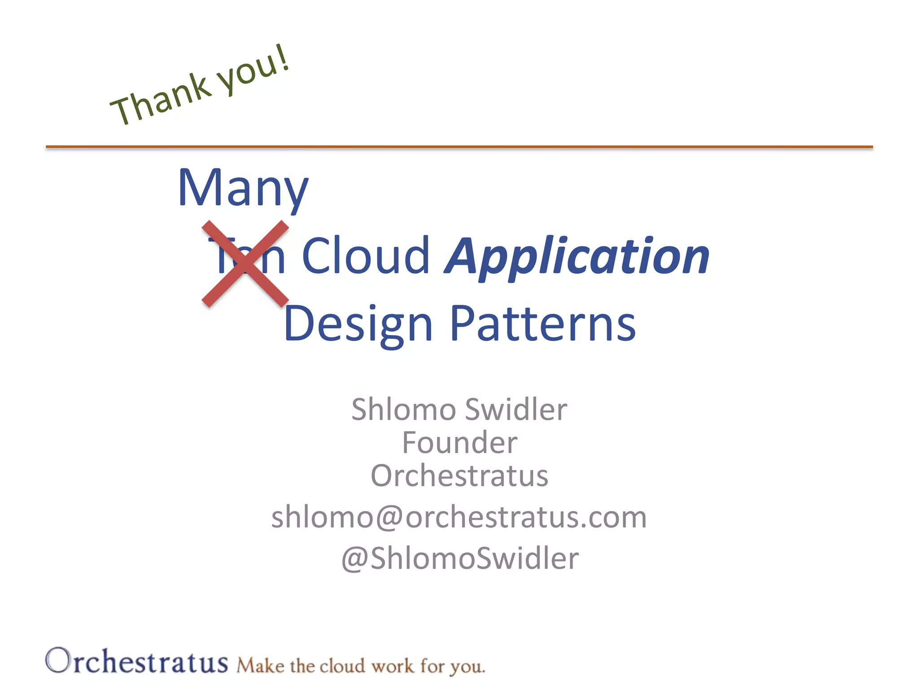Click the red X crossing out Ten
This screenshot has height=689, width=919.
tap(245, 264)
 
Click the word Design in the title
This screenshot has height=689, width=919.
tap(358, 324)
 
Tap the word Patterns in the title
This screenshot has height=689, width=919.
tap(543, 324)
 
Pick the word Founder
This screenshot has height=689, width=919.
tap(459, 443)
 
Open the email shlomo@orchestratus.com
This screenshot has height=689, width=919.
tap(459, 517)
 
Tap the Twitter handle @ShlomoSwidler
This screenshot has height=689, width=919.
tap(460, 558)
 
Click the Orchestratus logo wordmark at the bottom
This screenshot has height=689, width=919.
tap(137, 662)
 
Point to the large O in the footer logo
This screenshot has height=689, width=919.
tap(58, 660)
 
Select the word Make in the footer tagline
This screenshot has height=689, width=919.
tap(260, 666)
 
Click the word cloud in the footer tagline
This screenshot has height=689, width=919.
tap(342, 666)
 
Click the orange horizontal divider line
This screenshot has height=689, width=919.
tap(459, 147)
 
